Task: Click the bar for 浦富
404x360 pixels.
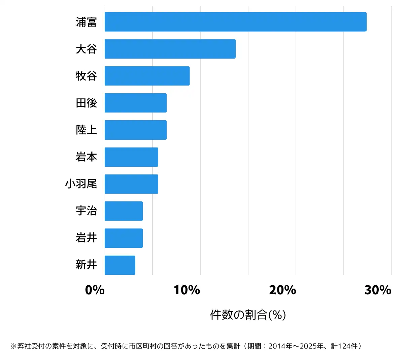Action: coord(236,22)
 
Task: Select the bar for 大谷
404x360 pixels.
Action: coord(170,49)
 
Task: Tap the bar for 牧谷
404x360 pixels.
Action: coord(147,76)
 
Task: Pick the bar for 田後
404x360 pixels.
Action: coord(136,103)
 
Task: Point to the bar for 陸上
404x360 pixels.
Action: coord(136,130)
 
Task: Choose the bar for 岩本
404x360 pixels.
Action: coord(131,157)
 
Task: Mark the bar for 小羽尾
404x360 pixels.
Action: coord(131,184)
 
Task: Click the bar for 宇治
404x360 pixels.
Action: coord(124,211)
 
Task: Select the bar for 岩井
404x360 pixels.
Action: coord(124,238)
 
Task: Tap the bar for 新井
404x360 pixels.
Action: coord(120,265)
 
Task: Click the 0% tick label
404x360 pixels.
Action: coord(95,290)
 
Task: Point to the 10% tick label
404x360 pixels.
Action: coord(187,290)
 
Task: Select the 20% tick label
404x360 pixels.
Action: coord(282,290)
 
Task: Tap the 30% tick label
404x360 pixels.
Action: coord(378,290)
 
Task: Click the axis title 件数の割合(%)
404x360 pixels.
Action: coord(248,315)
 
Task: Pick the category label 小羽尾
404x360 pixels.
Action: coord(81,184)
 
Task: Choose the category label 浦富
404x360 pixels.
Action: coord(86,22)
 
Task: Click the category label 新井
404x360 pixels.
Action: coord(86,265)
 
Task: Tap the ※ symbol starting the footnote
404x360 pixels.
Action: coord(13,347)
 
